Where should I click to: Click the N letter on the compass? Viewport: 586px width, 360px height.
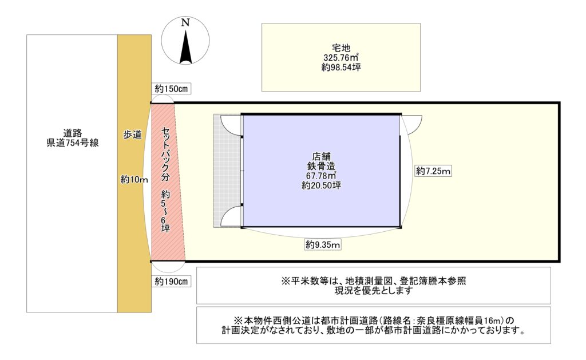185,23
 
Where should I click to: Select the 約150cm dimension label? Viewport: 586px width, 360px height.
171,89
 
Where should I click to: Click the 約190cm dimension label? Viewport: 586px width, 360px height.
171,282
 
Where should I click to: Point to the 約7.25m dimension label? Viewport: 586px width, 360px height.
433,171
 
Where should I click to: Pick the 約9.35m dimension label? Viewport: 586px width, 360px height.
323,245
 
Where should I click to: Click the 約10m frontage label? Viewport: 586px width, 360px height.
134,180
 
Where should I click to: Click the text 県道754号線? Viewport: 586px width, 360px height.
73,143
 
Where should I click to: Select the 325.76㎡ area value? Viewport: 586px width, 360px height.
341,58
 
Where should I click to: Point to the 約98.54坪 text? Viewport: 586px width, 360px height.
341,68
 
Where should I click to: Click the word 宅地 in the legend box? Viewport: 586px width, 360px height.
341,48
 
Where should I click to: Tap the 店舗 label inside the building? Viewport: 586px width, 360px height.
322,156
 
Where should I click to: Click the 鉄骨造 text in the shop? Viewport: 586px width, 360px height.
322,166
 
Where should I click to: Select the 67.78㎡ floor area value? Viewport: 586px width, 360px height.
322,175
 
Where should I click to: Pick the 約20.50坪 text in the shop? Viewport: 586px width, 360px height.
322,185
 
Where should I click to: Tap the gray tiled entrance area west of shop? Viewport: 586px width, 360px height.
227,171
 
